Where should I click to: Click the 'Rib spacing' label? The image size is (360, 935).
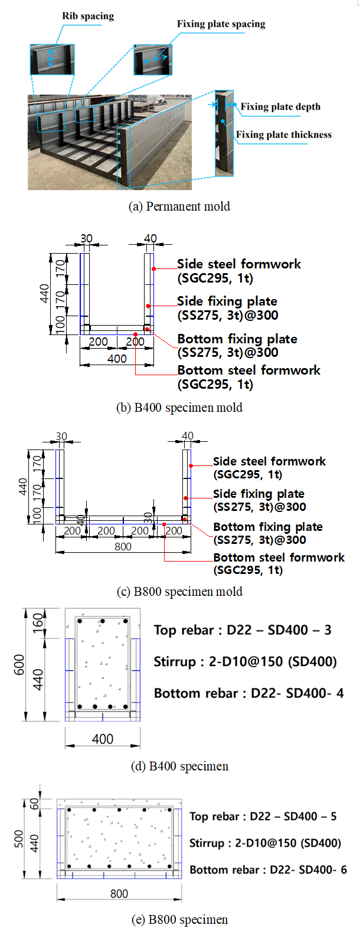coord(88,16)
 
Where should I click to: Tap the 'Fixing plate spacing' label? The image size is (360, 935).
coord(221,24)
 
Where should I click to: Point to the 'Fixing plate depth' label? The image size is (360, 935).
coord(280,106)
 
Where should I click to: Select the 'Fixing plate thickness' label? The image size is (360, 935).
coord(283,134)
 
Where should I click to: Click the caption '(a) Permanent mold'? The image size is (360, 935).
coord(179,206)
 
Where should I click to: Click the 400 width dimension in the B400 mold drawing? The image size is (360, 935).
coord(117,359)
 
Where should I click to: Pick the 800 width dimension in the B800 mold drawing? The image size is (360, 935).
coord(123,546)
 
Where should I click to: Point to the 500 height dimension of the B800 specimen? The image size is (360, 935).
coord(19,839)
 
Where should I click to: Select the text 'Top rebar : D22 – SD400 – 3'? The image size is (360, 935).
coord(243,630)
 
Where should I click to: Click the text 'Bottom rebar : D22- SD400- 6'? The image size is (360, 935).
coord(268,870)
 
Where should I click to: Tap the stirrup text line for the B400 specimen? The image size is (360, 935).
coord(245,662)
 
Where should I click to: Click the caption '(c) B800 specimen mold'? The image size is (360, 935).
coord(179,592)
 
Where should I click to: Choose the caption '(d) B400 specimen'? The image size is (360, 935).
coord(179,766)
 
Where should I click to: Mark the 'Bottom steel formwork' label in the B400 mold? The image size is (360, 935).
coord(249,370)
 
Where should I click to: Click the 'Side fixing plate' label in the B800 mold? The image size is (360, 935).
coord(259,494)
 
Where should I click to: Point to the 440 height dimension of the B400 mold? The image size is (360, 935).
coord(44,293)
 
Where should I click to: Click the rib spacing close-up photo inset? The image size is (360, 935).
coord(52,59)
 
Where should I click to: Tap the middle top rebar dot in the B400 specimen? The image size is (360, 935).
coord(102,621)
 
